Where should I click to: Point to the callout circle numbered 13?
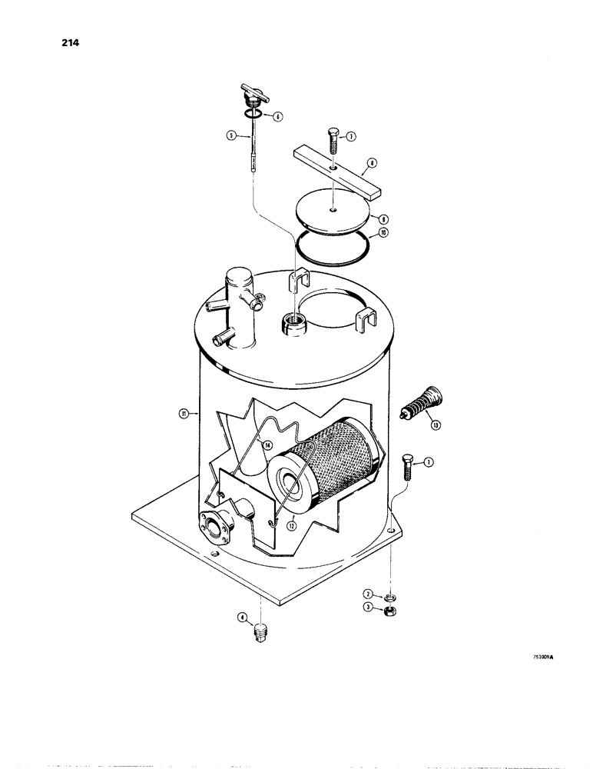point(436,424)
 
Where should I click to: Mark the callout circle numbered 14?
point(267,444)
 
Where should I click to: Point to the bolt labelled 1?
point(408,467)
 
